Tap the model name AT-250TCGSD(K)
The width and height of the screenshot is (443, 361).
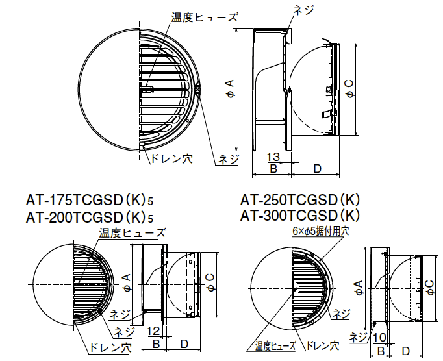[x=299, y=201]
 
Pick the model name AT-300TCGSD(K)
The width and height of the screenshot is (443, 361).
[x=299, y=215]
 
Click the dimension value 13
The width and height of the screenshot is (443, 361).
[x=273, y=156]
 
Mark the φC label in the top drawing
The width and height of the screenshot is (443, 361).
[x=349, y=90]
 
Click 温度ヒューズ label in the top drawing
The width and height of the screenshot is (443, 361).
[x=196, y=18]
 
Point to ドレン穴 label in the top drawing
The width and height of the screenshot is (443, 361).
[x=171, y=158]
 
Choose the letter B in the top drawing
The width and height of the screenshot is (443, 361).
[x=273, y=169]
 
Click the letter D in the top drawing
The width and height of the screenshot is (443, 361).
[x=316, y=169]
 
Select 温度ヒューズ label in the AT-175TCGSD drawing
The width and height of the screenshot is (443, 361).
[x=132, y=232]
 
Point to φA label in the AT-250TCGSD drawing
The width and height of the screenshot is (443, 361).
[x=358, y=286]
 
